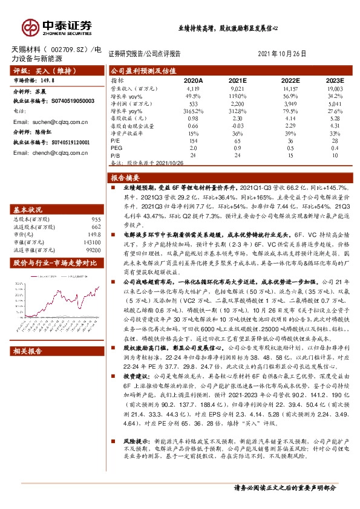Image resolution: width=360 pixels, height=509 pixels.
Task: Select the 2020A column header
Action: pos(194,80)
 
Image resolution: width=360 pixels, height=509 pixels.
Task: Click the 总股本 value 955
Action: pos(96,219)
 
